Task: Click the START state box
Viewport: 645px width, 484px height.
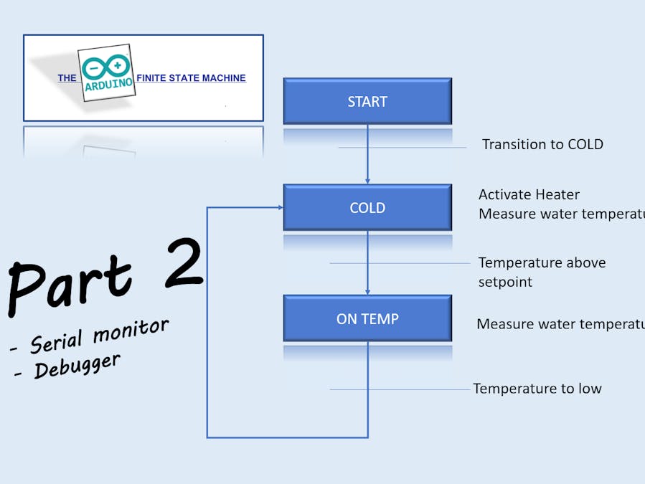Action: point(367,101)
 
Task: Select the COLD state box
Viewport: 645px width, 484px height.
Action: point(367,207)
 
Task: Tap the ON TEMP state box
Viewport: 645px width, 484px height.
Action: point(367,318)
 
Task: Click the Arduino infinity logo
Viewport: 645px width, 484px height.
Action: point(105,66)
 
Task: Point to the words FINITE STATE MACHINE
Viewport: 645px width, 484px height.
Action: point(191,78)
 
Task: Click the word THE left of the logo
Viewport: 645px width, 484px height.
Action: point(67,78)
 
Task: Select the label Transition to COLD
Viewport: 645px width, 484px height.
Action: point(542,144)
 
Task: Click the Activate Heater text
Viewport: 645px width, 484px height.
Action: point(529,194)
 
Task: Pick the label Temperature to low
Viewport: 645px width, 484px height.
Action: point(537,389)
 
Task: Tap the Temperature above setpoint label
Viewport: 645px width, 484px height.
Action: point(542,272)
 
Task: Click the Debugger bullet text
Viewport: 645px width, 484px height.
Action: point(75,366)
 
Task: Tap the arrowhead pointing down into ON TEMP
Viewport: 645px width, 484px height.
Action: point(367,291)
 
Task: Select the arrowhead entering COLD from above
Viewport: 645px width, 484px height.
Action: point(367,181)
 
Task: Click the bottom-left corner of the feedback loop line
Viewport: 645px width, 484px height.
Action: point(207,437)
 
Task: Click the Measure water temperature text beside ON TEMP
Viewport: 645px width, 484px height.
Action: point(560,324)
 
